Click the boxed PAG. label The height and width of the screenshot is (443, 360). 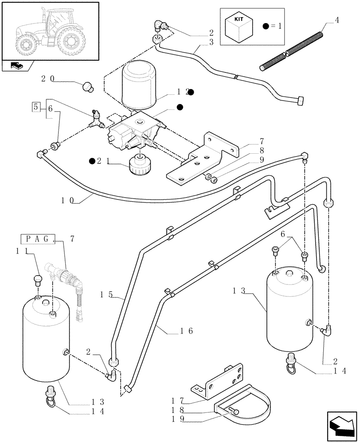(x=38, y=240)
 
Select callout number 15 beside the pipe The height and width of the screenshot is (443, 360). (x=107, y=294)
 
